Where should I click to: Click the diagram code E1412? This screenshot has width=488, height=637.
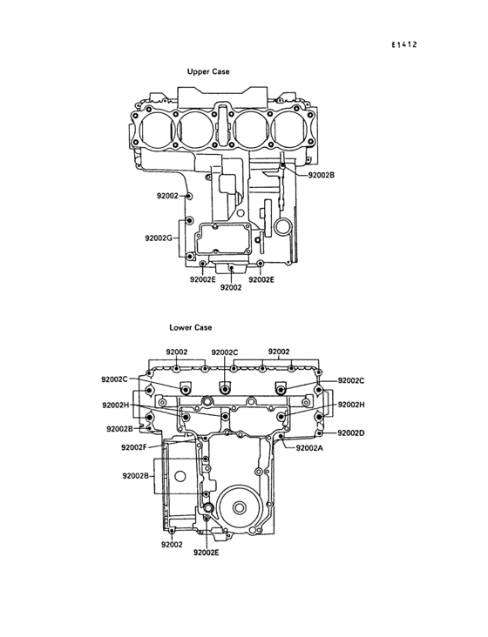tap(404, 44)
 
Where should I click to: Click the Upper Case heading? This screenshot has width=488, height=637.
tap(208, 71)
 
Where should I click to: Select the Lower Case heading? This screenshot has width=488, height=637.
tap(191, 327)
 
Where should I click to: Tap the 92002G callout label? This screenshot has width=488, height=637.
tap(159, 238)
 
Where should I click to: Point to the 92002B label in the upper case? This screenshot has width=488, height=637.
tap(322, 175)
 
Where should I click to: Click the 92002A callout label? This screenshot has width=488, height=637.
tap(309, 448)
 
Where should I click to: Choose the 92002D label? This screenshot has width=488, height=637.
tap(351, 433)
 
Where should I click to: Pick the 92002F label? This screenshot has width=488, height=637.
tap(134, 447)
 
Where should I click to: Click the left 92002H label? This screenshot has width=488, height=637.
tap(116, 405)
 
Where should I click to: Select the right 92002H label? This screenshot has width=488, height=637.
tap(351, 405)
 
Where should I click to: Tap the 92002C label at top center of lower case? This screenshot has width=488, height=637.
tap(225, 352)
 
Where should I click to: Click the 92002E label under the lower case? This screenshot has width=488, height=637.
tap(207, 553)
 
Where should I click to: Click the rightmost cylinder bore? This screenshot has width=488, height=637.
tap(291, 127)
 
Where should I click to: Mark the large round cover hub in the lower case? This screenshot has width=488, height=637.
tap(240, 507)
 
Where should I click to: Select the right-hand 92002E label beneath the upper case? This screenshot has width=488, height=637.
tap(261, 279)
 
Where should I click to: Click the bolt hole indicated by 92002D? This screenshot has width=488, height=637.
tap(320, 433)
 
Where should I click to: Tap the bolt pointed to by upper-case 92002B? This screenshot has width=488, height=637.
tap(283, 165)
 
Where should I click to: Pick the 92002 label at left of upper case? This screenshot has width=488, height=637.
tap(167, 196)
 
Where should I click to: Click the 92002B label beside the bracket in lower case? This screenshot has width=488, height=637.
tap(135, 476)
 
